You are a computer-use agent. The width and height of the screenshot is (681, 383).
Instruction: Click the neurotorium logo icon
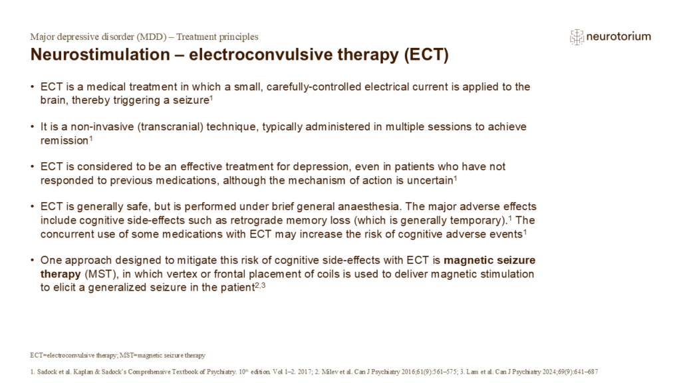tap(577, 37)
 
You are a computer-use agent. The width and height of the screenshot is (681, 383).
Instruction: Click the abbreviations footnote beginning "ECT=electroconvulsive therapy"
tap(117, 354)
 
